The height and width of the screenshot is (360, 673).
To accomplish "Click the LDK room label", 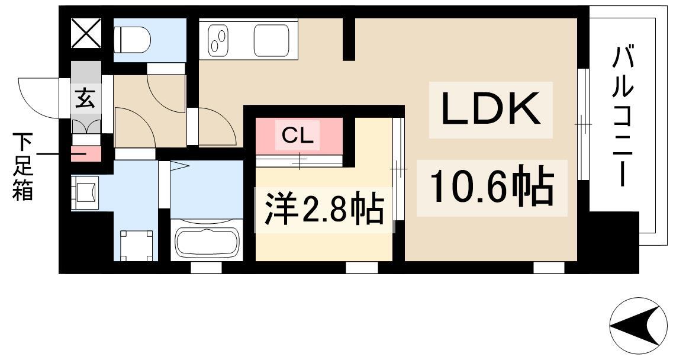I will [x=490, y=110].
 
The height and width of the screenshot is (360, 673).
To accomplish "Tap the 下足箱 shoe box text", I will [x=23, y=167].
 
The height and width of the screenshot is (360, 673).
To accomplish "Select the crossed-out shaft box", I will [x=86, y=33].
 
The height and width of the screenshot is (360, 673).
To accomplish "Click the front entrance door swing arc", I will [x=37, y=97].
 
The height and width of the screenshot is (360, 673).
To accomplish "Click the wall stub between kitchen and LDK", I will [x=349, y=39].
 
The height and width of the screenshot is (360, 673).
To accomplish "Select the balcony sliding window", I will [x=583, y=124].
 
